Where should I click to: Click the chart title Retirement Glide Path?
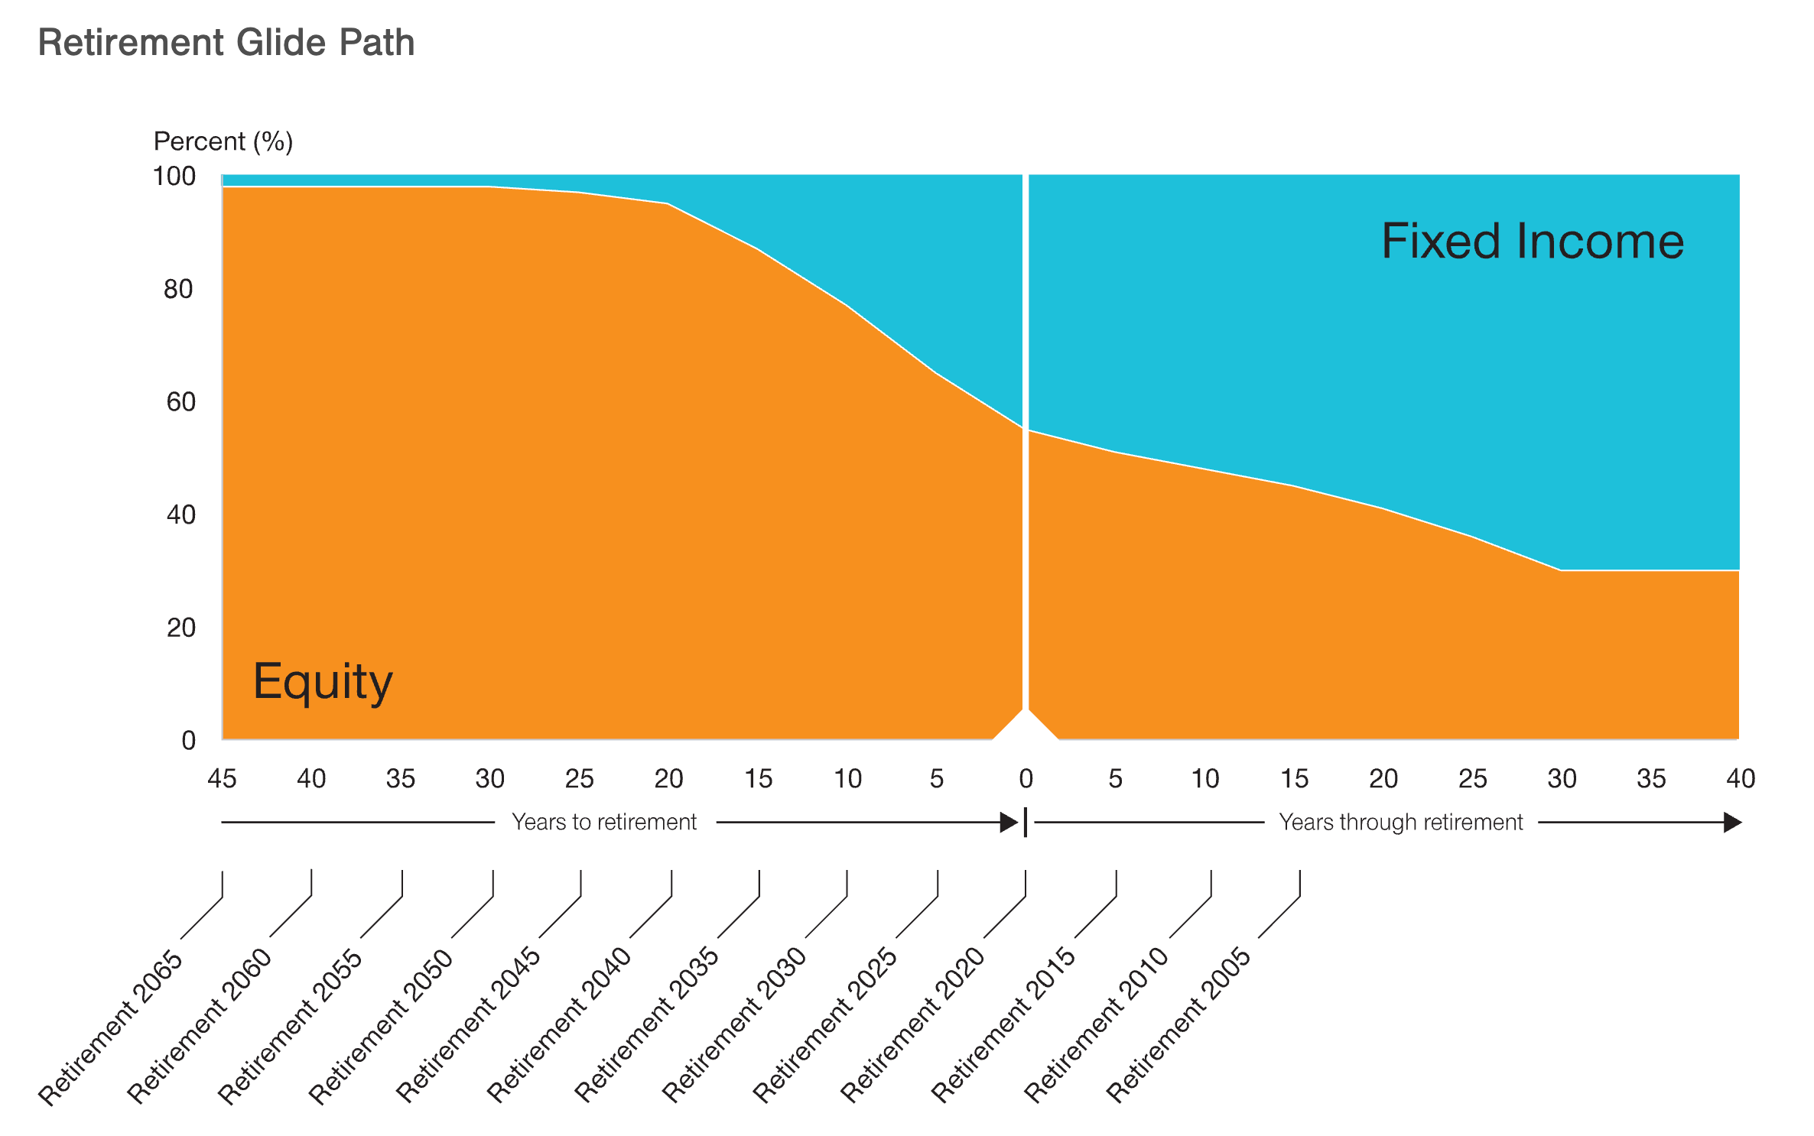coord(226,42)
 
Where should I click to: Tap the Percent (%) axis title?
coord(223,141)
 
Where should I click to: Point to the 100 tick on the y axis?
coord(174,177)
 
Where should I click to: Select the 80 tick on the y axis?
coord(178,289)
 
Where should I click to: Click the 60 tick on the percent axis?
coord(180,402)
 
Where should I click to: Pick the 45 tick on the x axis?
coord(222,779)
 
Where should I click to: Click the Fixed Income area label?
coord(1532,242)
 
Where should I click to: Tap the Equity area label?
coord(323,681)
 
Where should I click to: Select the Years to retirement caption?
coord(604,823)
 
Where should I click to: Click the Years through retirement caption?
coord(1401,823)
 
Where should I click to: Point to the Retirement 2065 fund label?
coord(111,1027)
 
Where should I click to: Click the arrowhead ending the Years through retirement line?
coord(1732,823)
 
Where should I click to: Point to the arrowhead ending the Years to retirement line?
coord(1009,823)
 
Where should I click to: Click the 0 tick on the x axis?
coord(1026,779)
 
